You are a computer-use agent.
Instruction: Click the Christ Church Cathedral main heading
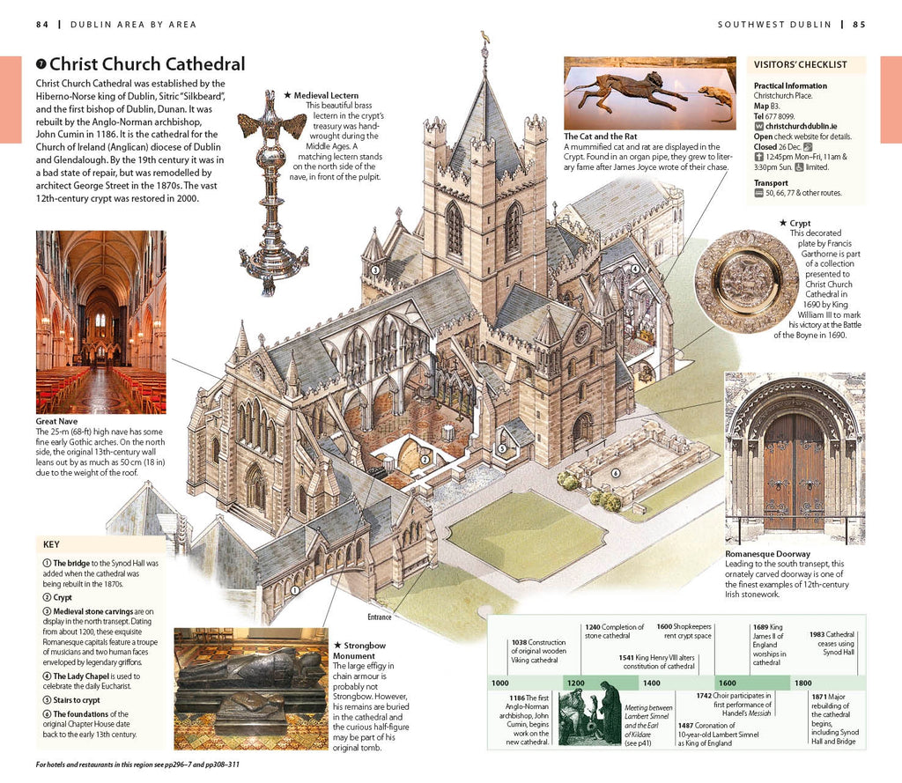pos(146,64)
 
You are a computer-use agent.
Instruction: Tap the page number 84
pos(42,25)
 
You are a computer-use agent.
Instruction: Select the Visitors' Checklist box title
pos(800,64)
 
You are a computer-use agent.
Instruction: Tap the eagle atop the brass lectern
pos(272,126)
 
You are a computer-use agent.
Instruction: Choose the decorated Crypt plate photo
pos(746,281)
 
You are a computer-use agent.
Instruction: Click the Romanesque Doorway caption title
pos(767,554)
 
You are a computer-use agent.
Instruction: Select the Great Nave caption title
pos(56,421)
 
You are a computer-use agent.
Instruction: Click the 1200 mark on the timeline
pos(576,683)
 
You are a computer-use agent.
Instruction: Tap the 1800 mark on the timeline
pos(802,683)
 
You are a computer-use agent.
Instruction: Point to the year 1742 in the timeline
pos(704,696)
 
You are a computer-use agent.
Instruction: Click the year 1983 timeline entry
pos(820,634)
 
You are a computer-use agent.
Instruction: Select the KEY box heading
pos(51,544)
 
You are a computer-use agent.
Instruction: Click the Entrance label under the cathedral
pos(379,617)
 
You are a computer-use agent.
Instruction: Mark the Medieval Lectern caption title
pos(326,94)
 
